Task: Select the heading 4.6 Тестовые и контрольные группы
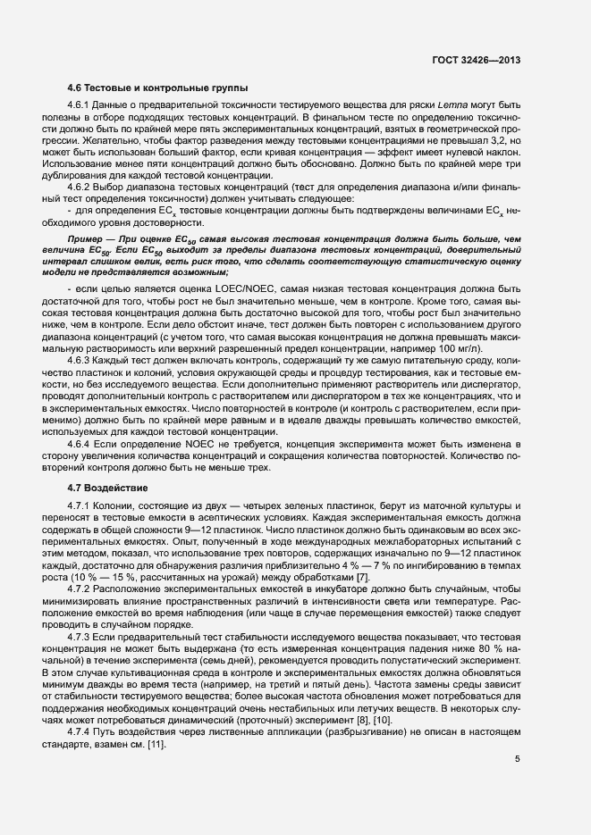pyautogui.click(x=151, y=88)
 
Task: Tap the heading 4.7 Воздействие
pyautogui.click(x=108, y=488)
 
